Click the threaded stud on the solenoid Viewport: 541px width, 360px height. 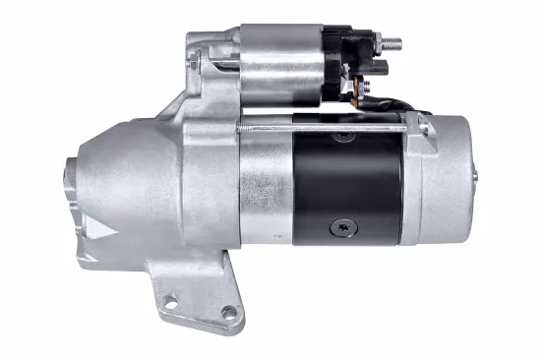393,43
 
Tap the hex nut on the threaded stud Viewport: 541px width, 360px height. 381,44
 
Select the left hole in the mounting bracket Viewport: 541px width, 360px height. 169,302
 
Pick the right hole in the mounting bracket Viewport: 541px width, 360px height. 229,313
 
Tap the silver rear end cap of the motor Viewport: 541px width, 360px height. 443,182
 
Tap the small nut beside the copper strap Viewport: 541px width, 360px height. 379,68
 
